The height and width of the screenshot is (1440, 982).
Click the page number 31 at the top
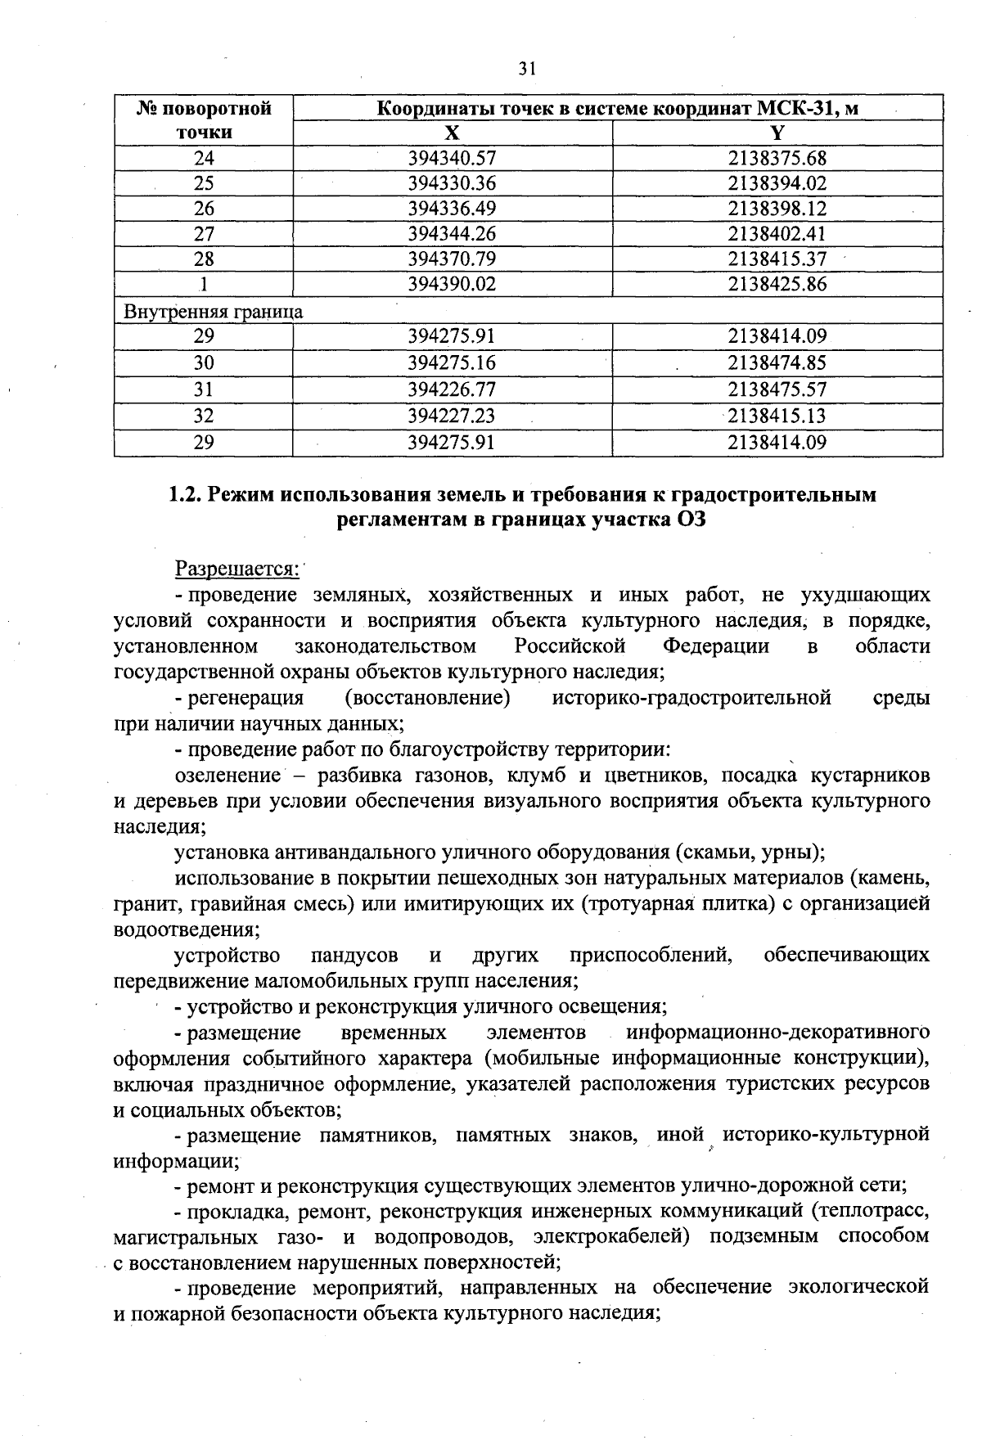[x=527, y=69]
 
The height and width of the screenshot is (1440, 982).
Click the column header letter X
[x=453, y=133]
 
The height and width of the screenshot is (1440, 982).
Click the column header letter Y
[x=777, y=133]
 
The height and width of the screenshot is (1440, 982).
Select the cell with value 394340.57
[x=453, y=158]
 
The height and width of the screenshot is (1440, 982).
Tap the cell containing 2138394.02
[x=777, y=183]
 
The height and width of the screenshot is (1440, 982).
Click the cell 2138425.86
[x=777, y=285]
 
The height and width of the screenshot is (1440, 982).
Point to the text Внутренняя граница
[x=213, y=311]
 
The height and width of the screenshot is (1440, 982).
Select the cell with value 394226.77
[x=453, y=389]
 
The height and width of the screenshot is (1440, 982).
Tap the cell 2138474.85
[x=777, y=362]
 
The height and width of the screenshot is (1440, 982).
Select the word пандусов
[x=354, y=955]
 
